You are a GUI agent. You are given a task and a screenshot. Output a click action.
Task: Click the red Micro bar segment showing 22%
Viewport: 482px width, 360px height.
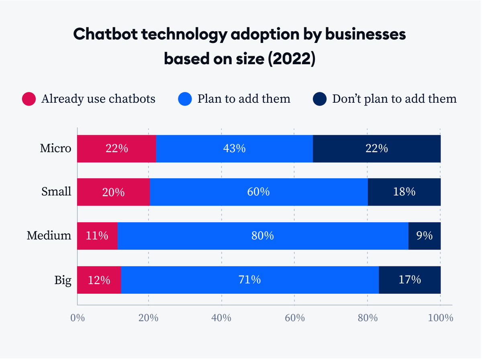116,148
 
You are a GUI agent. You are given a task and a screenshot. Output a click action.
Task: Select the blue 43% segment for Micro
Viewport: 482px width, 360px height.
234,148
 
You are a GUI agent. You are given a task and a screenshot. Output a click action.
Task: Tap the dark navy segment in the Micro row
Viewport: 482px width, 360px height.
376,148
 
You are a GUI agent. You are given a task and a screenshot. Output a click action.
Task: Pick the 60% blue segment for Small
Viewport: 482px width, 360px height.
258,192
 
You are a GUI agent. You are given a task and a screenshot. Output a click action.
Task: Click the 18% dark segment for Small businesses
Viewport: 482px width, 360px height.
404,192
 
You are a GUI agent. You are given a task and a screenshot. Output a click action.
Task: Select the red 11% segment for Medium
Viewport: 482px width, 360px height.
97,236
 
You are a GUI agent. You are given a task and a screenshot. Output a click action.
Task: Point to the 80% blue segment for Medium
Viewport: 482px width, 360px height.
263,236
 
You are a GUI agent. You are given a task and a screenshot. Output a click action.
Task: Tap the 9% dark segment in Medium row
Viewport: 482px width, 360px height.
424,236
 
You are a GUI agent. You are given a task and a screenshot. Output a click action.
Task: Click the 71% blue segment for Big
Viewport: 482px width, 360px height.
250,279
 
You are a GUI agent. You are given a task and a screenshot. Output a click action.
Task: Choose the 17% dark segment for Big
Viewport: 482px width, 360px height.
410,279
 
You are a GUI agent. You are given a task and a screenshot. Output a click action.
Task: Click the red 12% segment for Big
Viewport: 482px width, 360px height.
99,279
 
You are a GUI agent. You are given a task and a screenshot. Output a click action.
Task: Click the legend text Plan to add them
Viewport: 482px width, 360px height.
244,99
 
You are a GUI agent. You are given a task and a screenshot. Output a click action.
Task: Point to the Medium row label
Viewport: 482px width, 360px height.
49,236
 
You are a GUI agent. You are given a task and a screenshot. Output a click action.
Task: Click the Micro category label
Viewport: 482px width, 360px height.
55,148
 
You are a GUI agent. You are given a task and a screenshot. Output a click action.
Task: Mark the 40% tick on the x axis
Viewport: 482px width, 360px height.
221,318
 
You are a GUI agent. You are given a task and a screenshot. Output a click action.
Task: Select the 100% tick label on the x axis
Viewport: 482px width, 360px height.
440,318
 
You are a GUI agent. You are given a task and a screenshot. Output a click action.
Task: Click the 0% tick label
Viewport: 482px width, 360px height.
77,318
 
